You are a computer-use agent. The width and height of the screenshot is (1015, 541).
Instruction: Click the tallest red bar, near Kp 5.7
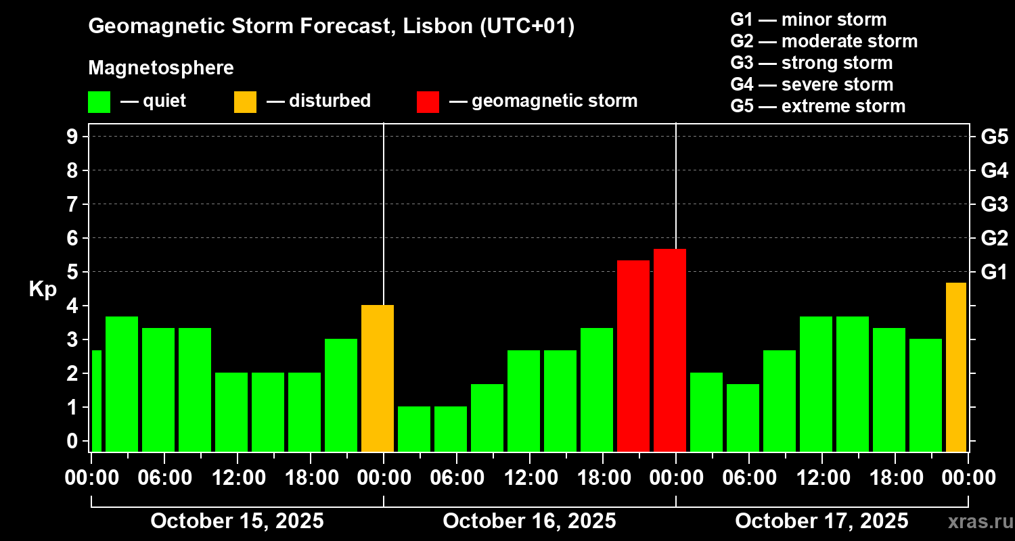click(x=670, y=350)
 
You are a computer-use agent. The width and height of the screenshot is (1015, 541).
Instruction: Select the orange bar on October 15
click(x=378, y=378)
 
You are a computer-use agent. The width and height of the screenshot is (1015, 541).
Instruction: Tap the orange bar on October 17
click(x=955, y=367)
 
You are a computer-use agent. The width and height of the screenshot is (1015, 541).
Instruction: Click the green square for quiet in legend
click(x=99, y=102)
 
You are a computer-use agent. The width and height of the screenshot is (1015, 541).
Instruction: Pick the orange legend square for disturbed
click(x=245, y=102)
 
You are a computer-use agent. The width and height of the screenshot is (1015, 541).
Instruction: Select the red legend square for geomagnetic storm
click(x=428, y=102)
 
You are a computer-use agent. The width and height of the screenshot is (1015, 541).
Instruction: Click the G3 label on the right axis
click(x=994, y=204)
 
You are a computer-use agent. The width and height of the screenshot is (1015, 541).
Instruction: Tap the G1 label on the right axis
click(x=994, y=272)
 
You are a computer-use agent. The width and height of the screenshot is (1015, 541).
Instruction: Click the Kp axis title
click(x=42, y=289)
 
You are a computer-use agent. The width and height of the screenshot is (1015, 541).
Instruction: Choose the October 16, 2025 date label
click(x=529, y=521)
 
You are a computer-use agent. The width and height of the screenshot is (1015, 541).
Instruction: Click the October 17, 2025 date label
click(x=821, y=521)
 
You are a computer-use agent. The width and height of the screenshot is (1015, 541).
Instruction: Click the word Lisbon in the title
click(x=433, y=27)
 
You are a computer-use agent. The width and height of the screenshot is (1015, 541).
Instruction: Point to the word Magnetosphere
click(x=161, y=68)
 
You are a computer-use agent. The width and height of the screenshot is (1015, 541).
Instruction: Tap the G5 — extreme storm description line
click(x=817, y=106)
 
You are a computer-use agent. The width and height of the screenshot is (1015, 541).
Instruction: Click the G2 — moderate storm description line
click(x=824, y=41)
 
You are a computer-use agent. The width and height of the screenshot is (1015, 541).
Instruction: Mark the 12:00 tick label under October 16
click(x=529, y=478)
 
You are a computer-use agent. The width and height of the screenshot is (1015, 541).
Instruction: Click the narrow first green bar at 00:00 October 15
click(x=96, y=400)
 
